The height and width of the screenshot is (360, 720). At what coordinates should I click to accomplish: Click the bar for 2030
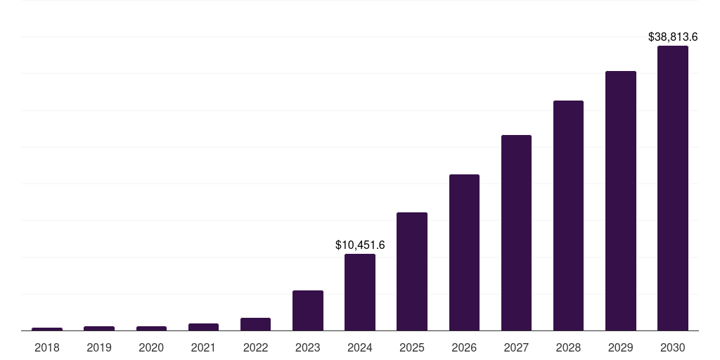point(672,188)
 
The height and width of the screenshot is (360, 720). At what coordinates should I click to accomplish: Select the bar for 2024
point(360,292)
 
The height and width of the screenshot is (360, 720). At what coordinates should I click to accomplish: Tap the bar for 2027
point(516,233)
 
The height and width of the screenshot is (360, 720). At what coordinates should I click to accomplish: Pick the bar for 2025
point(412,271)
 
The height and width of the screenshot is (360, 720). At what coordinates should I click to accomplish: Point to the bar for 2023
point(308,310)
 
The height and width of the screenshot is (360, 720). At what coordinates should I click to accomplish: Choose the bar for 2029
point(620,201)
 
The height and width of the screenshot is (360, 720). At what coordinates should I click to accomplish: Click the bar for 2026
point(464,252)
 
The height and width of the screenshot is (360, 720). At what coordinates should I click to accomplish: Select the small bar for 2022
point(255,324)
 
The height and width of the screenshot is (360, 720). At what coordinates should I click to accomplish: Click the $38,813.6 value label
point(672,37)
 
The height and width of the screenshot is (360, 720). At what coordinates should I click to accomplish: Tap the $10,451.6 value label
point(360,245)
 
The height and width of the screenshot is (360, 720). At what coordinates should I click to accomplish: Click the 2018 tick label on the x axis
point(46,347)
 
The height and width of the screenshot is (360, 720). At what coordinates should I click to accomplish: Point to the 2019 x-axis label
point(99,347)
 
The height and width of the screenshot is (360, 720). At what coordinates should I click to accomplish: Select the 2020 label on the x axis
point(151,347)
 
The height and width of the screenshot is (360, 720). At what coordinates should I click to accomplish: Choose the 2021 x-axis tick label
point(203,347)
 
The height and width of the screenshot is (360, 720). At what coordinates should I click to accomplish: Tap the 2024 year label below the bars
point(360,347)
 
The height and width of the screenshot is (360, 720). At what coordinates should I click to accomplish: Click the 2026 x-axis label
point(464,347)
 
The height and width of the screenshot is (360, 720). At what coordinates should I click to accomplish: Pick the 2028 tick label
point(568,347)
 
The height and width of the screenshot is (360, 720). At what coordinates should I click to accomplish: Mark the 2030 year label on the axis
point(672,347)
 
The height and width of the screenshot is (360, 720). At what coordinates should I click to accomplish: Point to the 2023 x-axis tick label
point(308,347)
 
